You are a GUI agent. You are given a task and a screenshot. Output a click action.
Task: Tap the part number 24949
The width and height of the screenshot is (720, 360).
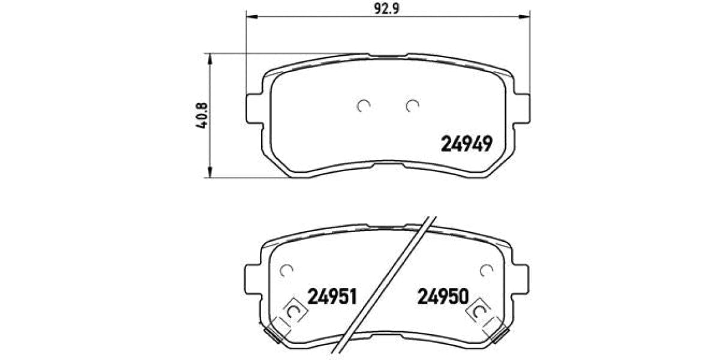coord(467,143)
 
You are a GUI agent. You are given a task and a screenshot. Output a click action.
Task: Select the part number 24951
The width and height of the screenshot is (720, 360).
coord(332,296)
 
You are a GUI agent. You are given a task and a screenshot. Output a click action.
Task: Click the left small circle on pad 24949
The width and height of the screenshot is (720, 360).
coord(363,106)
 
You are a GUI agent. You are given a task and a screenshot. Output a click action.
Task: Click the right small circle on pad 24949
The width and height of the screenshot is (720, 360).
coord(412,106)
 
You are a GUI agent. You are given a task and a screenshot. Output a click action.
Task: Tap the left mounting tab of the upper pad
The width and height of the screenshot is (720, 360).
coord(254,109)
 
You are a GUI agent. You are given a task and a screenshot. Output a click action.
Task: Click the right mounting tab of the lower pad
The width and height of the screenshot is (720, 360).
coord(522,283)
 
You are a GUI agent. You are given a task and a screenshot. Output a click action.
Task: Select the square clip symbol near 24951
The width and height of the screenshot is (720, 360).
coord(292,311)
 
